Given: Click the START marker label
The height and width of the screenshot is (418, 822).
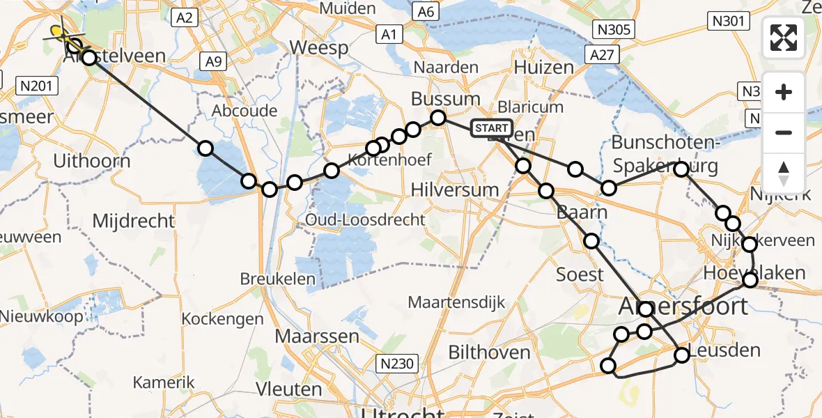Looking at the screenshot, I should (x=492, y=128).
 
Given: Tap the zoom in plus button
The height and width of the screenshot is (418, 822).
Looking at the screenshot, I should (x=784, y=93).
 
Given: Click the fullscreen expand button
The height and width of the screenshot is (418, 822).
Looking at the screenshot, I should (x=784, y=38).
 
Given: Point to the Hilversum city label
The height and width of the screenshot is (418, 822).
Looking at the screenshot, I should (x=455, y=189).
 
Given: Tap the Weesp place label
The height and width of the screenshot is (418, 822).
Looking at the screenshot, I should (x=318, y=48).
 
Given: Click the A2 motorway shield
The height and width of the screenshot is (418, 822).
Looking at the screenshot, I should (x=185, y=18).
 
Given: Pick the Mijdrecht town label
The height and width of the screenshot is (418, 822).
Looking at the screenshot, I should (x=133, y=222).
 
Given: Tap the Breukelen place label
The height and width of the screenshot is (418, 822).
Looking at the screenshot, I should (x=278, y=279).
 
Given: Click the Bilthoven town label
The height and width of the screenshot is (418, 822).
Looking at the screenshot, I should (x=489, y=353).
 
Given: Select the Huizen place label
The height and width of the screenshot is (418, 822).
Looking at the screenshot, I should (x=543, y=67).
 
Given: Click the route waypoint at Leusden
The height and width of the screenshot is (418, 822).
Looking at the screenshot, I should (x=682, y=355).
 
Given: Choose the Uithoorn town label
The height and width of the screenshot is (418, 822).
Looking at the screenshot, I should (x=92, y=161).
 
